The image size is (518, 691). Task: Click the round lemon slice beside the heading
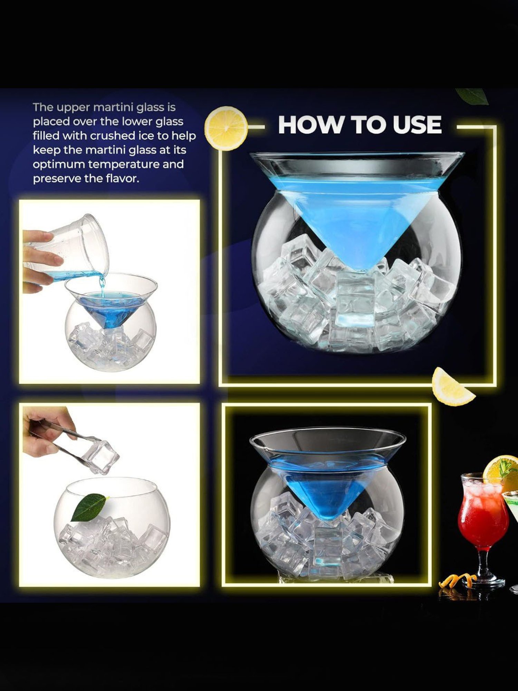[x=226, y=128]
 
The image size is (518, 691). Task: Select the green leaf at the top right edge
[x=472, y=96]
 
